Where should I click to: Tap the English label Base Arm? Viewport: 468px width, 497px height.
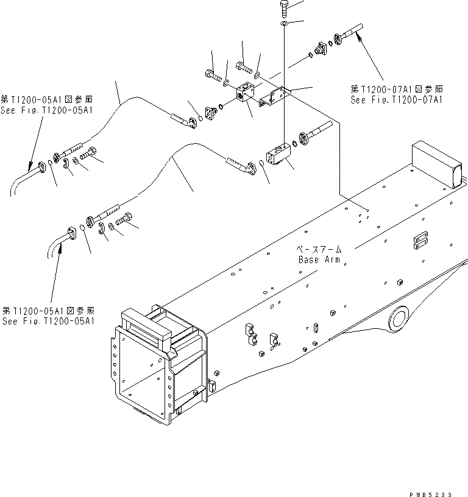321,259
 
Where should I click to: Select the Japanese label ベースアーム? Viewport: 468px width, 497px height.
321,250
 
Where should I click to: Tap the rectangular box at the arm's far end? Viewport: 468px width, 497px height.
434,163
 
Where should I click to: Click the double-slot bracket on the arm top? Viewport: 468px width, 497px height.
419,241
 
